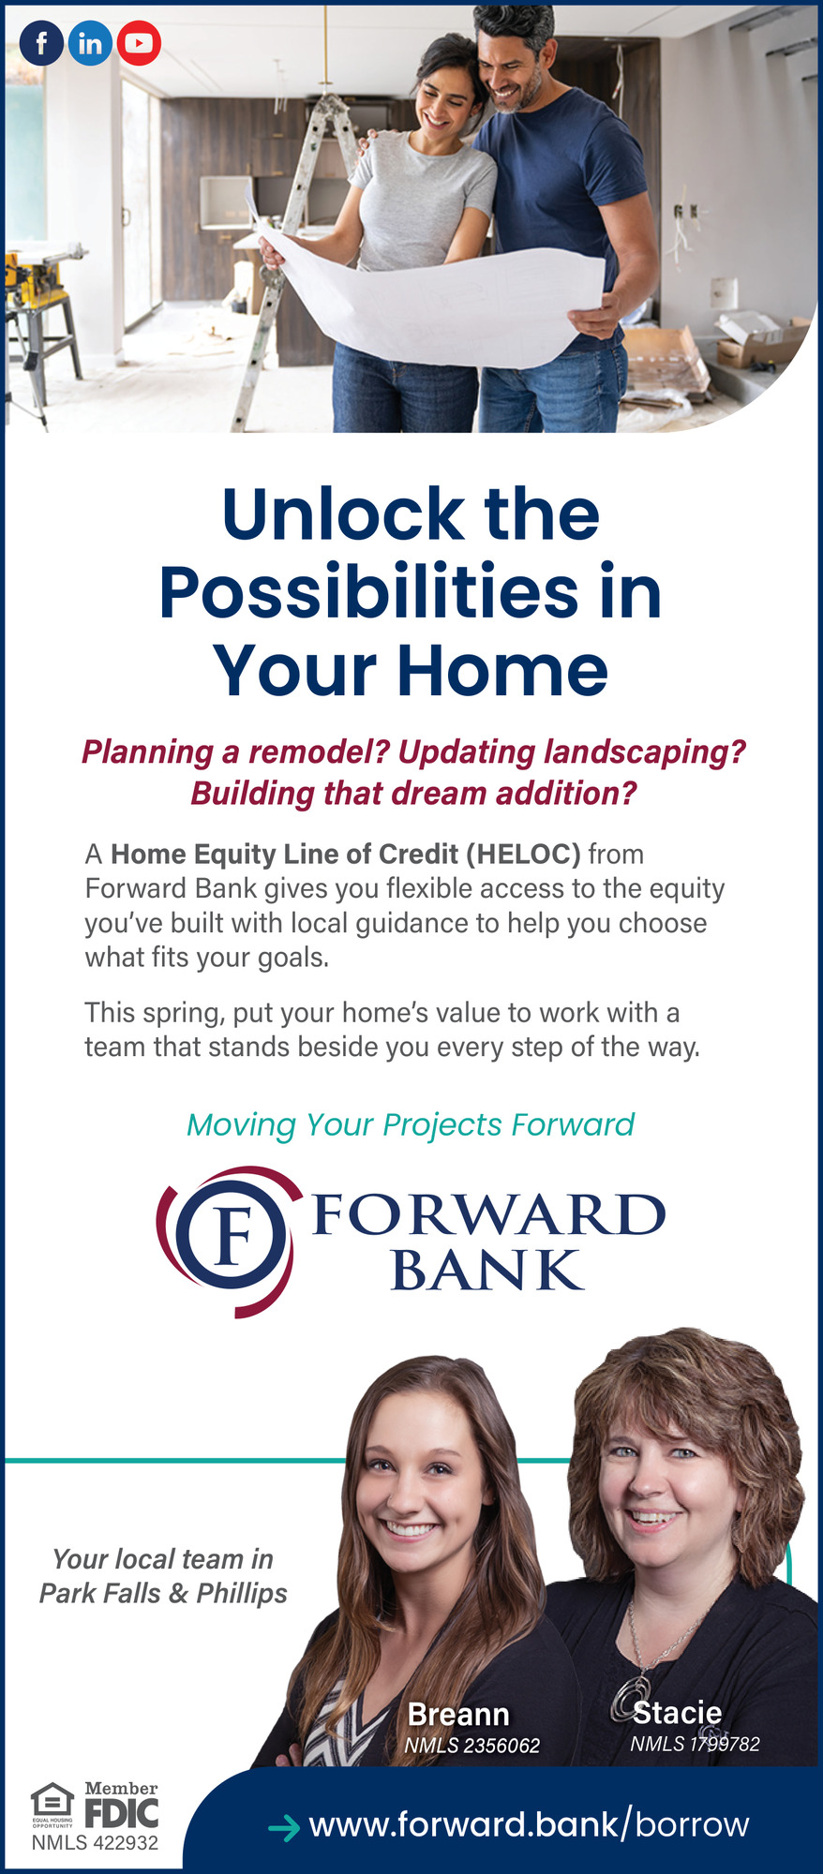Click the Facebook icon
tap(41, 43)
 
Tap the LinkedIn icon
tap(90, 43)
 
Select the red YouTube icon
tap(139, 43)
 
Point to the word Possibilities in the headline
tap(369, 594)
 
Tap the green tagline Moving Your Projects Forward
tap(411, 1124)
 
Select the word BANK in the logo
tap(486, 1271)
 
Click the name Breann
tap(458, 1715)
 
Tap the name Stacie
tap(677, 1713)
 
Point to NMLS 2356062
tap(472, 1746)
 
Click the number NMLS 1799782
tap(695, 1744)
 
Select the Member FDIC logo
tap(122, 1804)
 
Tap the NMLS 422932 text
tap(95, 1842)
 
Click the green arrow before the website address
tap(284, 1827)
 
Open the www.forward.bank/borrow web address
tap(529, 1824)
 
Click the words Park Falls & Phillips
tap(163, 1593)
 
